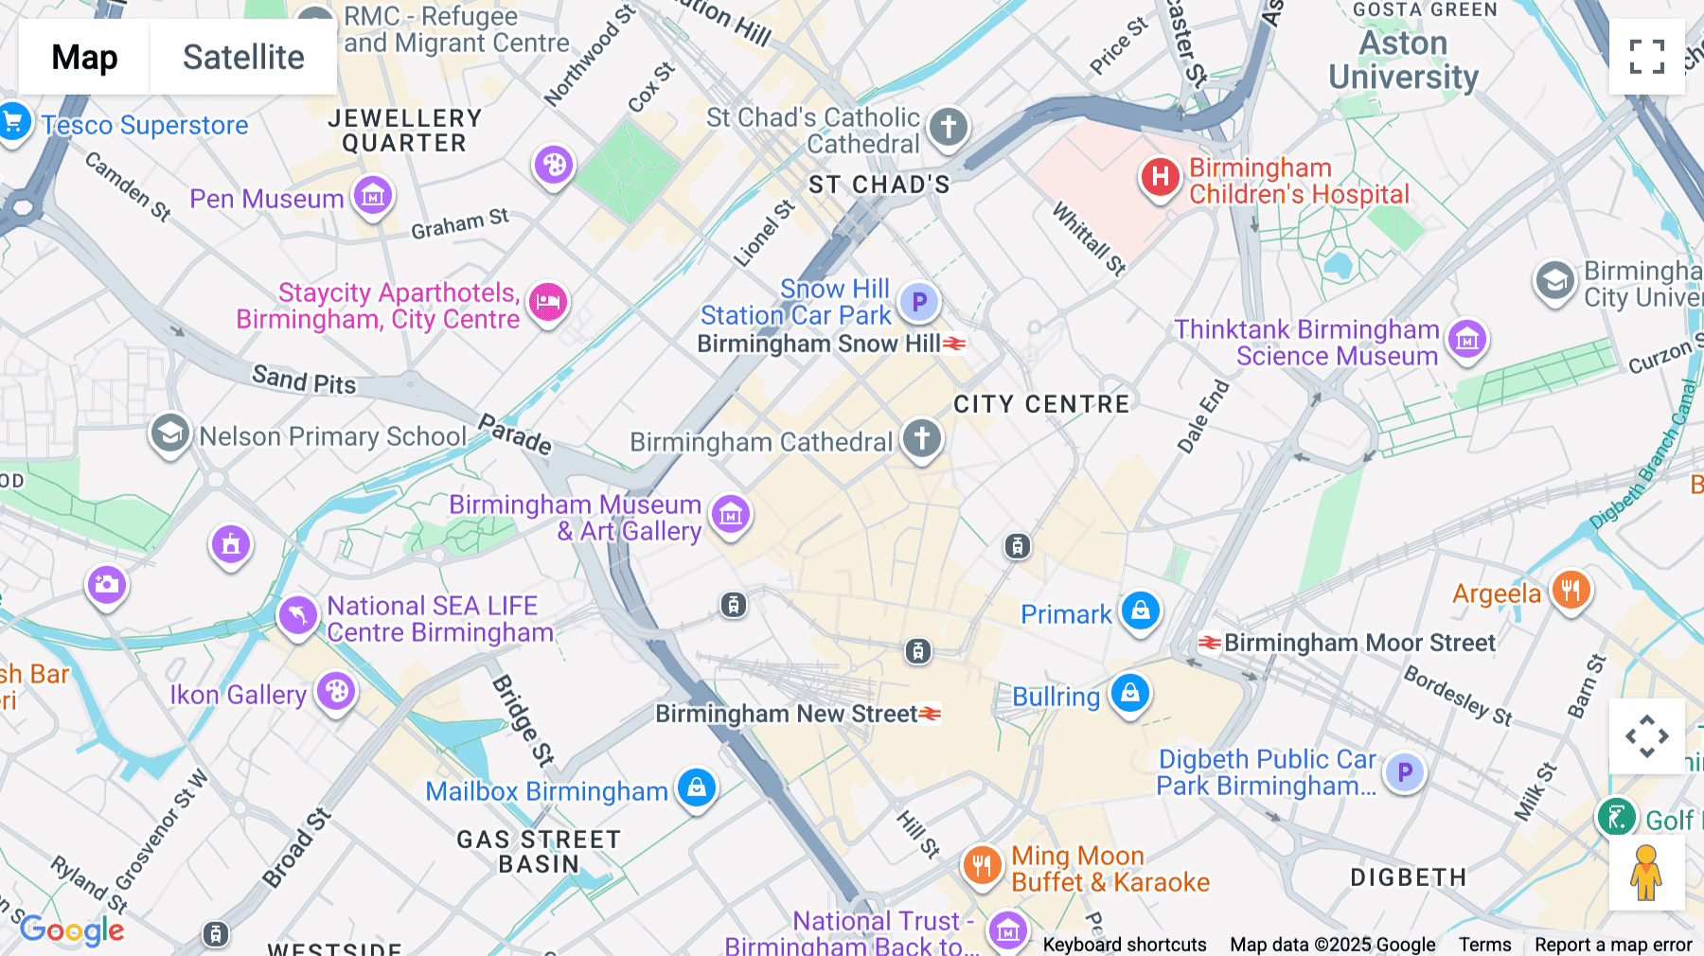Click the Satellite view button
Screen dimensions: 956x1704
click(x=243, y=57)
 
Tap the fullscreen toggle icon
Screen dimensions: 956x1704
click(x=1646, y=57)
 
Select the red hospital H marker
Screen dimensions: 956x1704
click(x=1160, y=177)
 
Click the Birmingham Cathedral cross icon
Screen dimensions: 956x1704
click(x=921, y=438)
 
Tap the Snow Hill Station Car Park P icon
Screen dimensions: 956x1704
click(x=918, y=303)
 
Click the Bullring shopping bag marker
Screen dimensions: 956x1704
click(x=1129, y=694)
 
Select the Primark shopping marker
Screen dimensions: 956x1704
click(x=1141, y=611)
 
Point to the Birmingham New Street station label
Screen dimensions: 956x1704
click(x=787, y=714)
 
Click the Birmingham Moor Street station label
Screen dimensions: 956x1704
click(x=1359, y=643)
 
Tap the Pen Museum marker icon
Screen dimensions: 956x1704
click(x=373, y=197)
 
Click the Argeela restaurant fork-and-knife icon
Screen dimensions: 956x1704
click(x=1571, y=592)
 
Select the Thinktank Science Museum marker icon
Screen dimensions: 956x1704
click(x=1466, y=339)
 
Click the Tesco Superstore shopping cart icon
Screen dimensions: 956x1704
click(x=13, y=122)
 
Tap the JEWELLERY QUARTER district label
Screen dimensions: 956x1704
click(x=404, y=131)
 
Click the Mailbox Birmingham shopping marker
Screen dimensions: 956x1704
click(x=697, y=788)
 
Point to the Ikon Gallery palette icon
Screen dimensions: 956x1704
click(x=336, y=692)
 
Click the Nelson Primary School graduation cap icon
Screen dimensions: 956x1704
click(x=170, y=434)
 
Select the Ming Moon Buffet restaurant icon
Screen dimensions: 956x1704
click(x=982, y=865)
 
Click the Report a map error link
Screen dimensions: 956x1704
click(x=1613, y=945)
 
